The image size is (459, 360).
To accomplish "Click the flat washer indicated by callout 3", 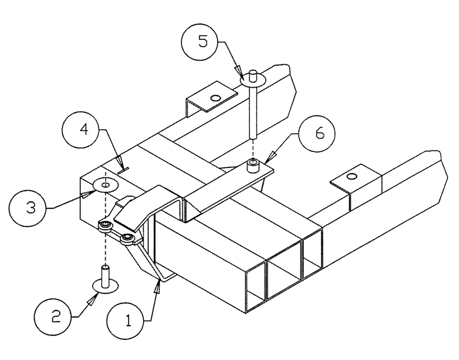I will [105, 185].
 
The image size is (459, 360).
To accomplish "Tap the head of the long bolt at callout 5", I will [252, 79].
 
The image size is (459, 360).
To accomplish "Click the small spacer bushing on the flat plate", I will [253, 165].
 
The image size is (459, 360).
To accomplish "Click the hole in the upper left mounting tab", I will [214, 97].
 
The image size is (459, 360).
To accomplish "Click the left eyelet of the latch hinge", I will [106, 224].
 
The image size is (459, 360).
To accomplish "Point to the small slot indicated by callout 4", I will [122, 170].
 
